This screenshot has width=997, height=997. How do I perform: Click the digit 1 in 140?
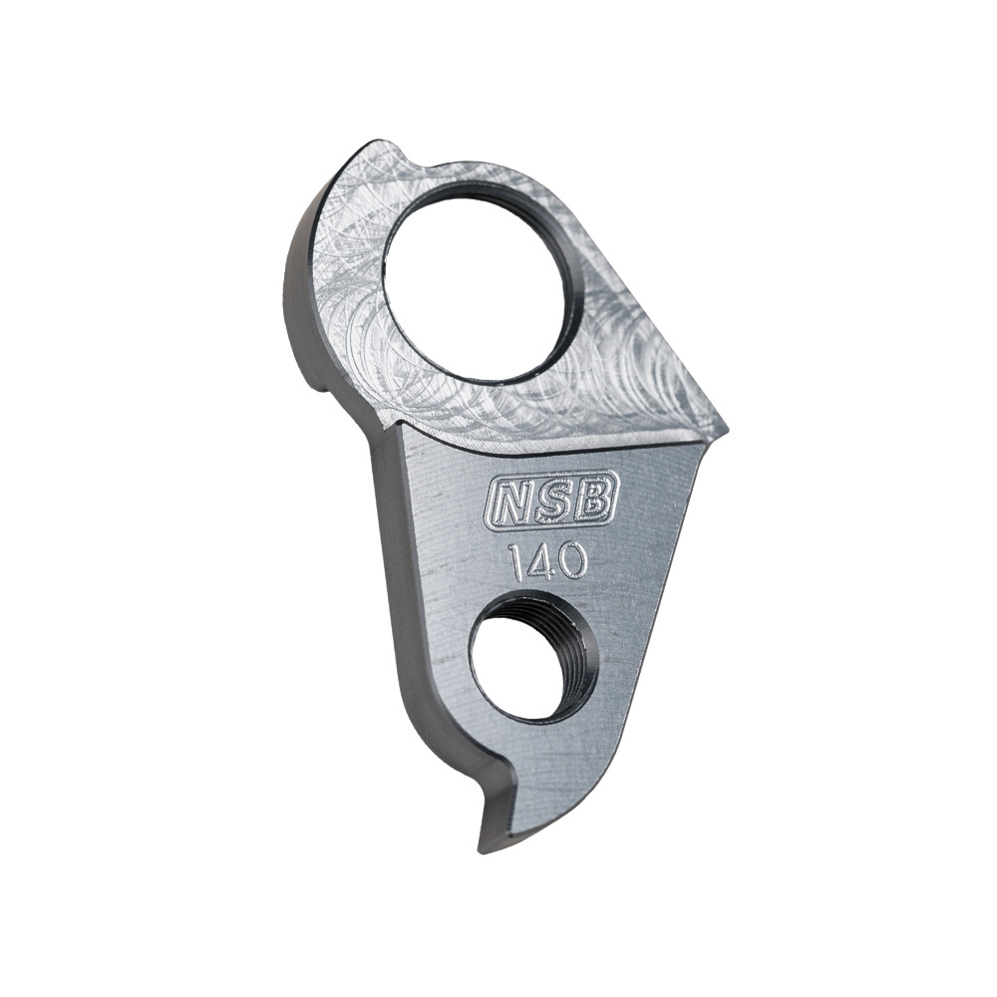coord(515,563)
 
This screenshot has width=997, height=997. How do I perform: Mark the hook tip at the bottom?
coord(489,842)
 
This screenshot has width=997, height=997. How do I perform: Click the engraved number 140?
coord(546,562)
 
